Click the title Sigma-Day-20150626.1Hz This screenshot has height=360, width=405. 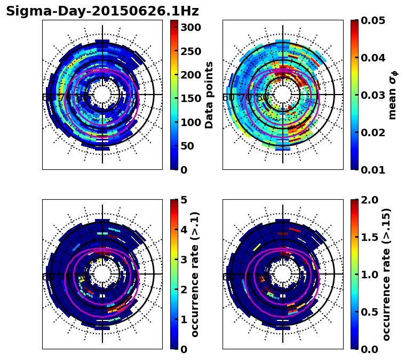point(102,11)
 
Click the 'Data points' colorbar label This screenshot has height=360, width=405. point(209,95)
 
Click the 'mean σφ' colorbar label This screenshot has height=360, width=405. point(393,95)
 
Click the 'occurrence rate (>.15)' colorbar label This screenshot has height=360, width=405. point(386,274)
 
